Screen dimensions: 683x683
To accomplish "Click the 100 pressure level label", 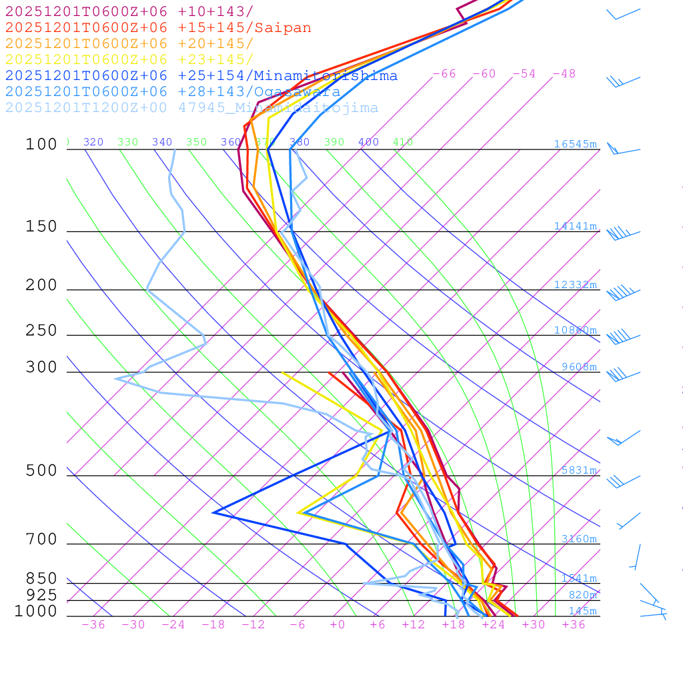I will tap(41, 145).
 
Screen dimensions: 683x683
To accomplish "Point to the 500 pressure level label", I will tap(41, 471).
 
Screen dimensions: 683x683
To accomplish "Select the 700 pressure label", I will tap(41, 540).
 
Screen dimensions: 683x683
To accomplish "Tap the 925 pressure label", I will tap(41, 595).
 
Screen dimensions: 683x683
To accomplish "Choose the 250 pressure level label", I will tap(41, 331).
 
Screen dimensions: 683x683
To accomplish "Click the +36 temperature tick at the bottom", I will tap(573, 625).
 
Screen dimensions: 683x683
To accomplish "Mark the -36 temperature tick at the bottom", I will tap(93, 625).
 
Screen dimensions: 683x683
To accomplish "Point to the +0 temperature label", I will tap(337, 625).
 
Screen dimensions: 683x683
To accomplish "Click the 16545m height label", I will tap(575, 144).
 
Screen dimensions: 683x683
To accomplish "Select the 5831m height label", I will tap(578, 470).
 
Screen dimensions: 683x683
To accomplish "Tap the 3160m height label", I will tap(578, 539).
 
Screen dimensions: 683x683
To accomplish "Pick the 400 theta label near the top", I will tap(368, 142).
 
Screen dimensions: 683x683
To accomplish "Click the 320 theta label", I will tap(93, 142).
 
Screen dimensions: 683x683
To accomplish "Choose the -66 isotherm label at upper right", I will tap(444, 74).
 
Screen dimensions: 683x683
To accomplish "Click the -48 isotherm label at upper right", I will tap(564, 74).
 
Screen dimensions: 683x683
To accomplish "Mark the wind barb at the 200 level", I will tap(620, 292).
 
